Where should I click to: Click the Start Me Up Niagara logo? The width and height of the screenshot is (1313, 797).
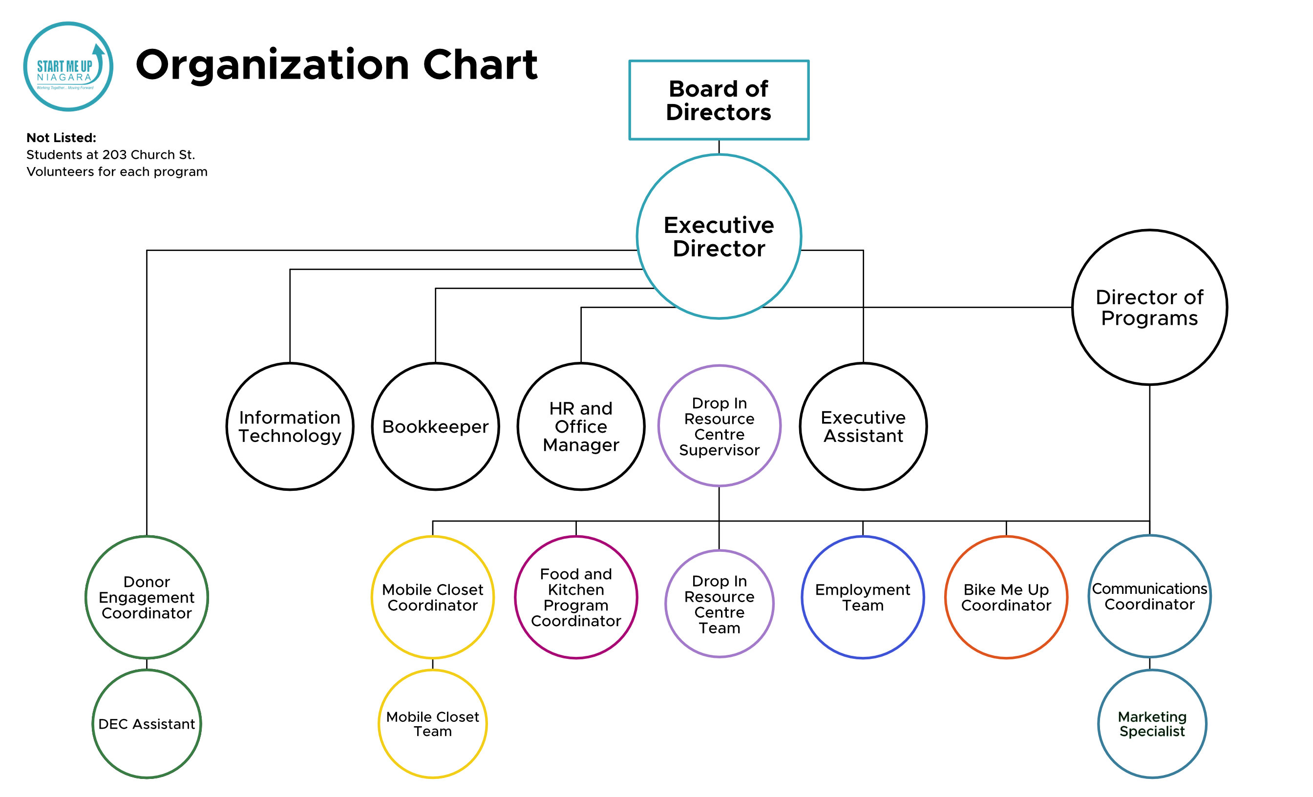pos(68,66)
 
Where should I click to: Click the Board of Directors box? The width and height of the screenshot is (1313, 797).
pos(719,100)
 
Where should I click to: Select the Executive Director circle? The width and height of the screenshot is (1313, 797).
pos(719,236)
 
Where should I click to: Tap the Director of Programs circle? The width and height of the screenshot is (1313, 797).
pos(1149,307)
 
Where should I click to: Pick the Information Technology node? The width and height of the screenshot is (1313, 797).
pos(290,426)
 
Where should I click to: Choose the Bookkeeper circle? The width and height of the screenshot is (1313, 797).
pos(435,426)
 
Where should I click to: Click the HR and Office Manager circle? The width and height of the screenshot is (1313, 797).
pos(581,426)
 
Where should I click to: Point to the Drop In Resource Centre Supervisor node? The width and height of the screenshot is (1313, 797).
pos(719,426)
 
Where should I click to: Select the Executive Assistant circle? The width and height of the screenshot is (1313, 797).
pos(863,426)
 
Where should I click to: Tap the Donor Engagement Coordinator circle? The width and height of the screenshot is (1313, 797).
pos(147,597)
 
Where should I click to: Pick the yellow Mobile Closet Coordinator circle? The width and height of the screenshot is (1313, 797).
pos(432,597)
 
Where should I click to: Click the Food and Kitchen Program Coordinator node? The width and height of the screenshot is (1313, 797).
pos(575,597)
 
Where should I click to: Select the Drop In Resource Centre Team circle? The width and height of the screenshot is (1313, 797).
pos(719,604)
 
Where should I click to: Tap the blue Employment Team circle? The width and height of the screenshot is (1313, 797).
pos(862,597)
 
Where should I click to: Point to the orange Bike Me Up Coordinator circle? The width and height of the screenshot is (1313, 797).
pos(1006,597)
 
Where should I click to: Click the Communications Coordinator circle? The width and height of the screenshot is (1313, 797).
pos(1149,596)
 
